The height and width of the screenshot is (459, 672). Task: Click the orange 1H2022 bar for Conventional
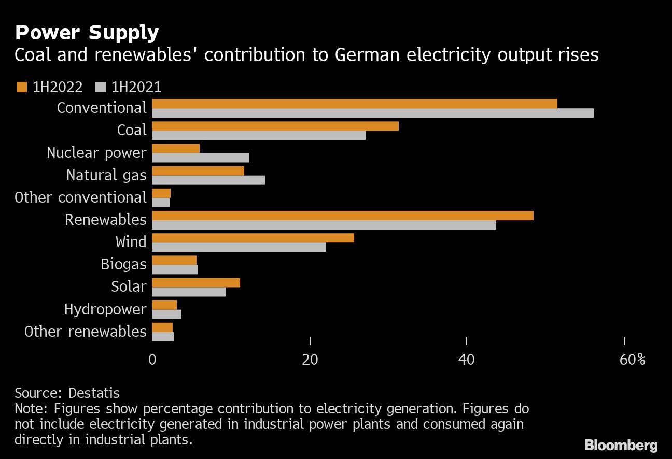[x=355, y=104]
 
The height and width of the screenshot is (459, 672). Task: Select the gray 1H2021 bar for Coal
[x=259, y=135]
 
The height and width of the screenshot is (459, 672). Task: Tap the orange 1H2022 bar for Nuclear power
[x=176, y=149]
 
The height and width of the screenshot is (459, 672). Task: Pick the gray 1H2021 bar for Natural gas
[x=208, y=180]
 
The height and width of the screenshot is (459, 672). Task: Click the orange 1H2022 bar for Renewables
[x=343, y=216]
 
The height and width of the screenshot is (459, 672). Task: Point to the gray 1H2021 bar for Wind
[x=239, y=247]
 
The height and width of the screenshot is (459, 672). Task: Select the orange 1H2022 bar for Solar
[x=196, y=282]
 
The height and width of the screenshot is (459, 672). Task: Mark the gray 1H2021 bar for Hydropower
[x=166, y=314]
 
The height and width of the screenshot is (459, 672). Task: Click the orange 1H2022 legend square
[x=21, y=88]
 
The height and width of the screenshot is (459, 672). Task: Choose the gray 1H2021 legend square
[x=100, y=88]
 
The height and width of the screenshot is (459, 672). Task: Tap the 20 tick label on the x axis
[x=310, y=360]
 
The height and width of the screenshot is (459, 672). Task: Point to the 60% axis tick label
[x=632, y=360]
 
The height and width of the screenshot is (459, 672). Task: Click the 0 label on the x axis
[x=152, y=360]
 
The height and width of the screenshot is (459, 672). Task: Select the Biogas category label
[x=123, y=265]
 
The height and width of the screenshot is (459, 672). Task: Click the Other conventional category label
[x=81, y=197]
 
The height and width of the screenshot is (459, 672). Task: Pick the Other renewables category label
[x=86, y=332]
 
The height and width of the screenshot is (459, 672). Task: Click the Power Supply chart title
[x=87, y=33]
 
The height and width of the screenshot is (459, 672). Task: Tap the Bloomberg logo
[x=621, y=445]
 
